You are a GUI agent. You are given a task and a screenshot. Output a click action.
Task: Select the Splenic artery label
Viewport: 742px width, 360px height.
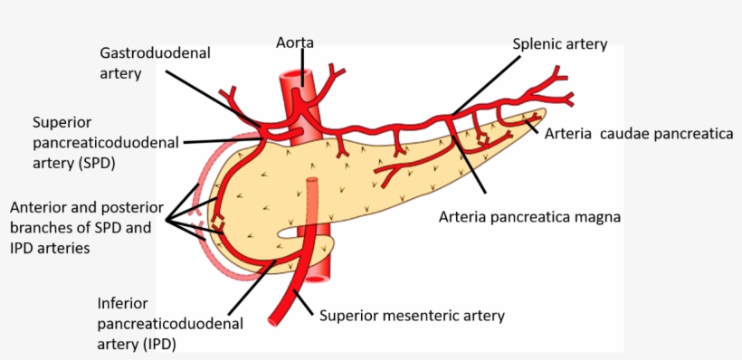(559, 43)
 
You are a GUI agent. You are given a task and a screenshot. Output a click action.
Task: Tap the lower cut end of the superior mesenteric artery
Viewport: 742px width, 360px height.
(277, 317)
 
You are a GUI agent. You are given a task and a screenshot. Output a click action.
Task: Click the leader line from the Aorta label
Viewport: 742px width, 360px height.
(303, 67)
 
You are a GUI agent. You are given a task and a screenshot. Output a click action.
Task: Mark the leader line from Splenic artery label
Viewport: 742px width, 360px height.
(483, 85)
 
